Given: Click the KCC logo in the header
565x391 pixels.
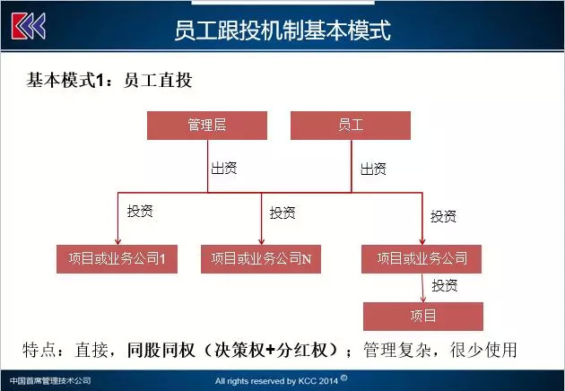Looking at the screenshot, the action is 29,26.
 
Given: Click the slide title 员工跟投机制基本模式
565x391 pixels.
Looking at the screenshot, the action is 282,30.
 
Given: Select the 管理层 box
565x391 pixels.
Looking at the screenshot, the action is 207,126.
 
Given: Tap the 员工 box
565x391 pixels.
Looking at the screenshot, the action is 351,126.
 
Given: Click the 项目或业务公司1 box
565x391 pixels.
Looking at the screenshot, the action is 117,259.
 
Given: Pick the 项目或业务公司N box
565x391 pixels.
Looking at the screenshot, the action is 261,259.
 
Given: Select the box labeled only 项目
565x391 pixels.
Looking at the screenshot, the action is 423,317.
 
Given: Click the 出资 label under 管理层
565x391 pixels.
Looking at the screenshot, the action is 224,169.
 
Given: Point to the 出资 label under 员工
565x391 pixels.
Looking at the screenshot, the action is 374,169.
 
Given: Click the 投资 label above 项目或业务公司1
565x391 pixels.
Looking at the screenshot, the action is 140,211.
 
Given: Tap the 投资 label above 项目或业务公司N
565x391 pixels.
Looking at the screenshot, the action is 282,213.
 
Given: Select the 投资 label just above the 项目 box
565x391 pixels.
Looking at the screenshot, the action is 445,285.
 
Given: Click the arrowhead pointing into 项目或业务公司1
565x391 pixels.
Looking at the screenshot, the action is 117,241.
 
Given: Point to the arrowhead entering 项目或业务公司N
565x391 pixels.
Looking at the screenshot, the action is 262,241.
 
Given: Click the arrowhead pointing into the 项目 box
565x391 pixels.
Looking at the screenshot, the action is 423,300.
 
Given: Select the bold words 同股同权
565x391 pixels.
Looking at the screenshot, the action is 161,350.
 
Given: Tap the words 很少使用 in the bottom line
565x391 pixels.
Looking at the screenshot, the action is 483,350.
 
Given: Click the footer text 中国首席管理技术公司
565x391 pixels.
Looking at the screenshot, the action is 50,380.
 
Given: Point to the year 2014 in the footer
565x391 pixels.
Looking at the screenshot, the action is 328,381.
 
